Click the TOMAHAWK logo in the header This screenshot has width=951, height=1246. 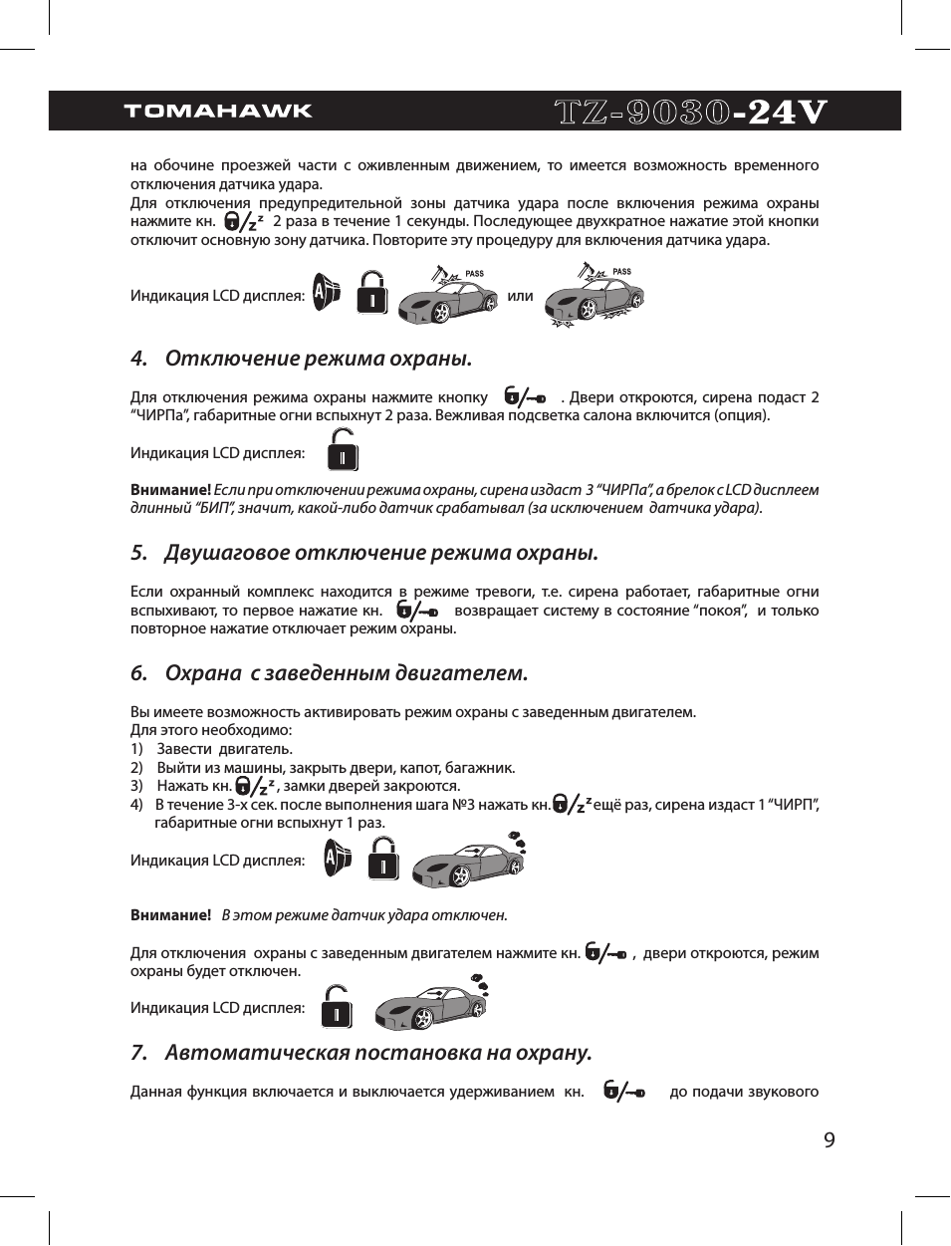tap(218, 111)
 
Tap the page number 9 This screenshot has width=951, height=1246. tap(830, 1140)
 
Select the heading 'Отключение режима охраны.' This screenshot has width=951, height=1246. tap(318, 359)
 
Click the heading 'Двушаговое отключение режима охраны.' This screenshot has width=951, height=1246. tap(380, 553)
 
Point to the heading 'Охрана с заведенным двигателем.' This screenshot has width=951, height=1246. tap(346, 673)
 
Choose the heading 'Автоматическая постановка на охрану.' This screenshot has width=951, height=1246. tap(377, 1053)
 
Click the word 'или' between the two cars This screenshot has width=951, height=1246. tap(520, 296)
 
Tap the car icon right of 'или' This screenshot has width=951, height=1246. tap(594, 296)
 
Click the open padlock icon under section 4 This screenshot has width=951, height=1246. tap(343, 450)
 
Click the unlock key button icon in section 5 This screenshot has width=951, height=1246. tap(417, 611)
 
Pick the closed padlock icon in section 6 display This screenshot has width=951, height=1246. tap(383, 859)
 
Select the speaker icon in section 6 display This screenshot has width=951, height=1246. tap(338, 859)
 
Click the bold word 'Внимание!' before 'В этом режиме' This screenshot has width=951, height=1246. tap(170, 915)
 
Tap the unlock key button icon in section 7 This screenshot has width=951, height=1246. tap(625, 1093)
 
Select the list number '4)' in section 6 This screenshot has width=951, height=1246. tap(137, 805)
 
